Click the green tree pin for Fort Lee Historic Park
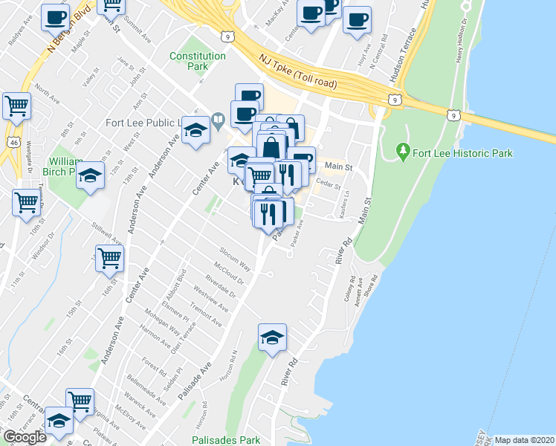(x=404, y=152)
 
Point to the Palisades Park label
(x=225, y=440)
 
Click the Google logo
(x=25, y=437)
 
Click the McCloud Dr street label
(x=229, y=277)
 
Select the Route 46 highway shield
(x=15, y=141)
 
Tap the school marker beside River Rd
(x=273, y=337)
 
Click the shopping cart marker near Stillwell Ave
(x=110, y=259)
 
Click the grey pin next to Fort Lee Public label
(x=219, y=119)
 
